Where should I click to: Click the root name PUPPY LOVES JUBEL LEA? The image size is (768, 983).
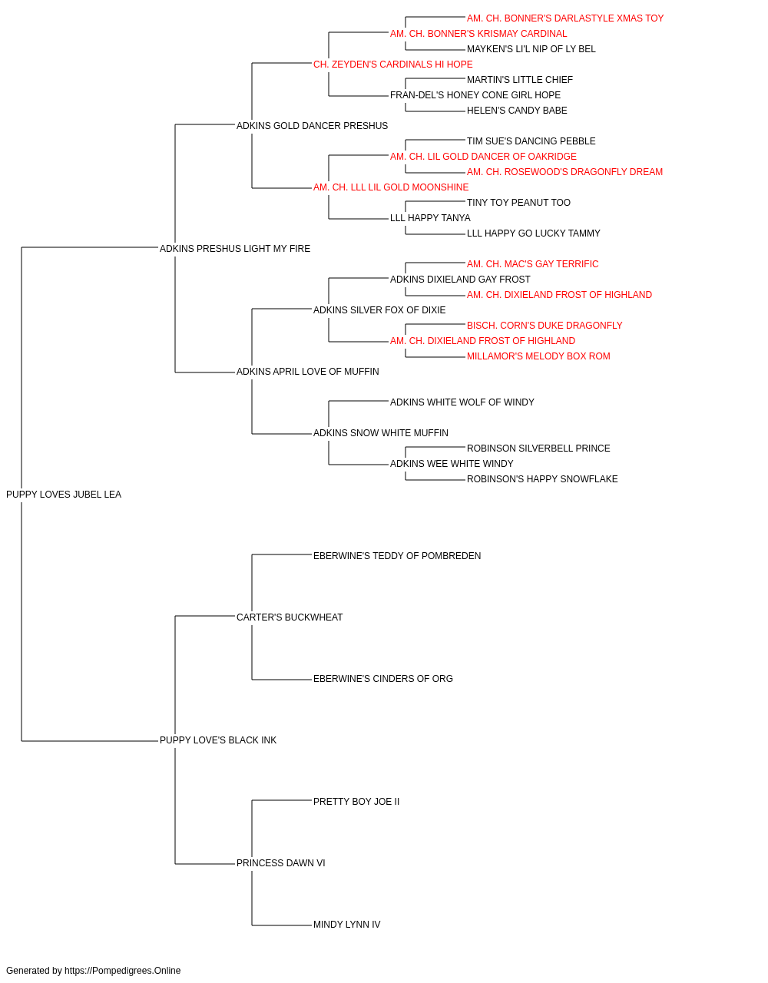point(64,495)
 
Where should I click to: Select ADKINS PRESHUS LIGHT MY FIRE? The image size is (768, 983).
point(235,249)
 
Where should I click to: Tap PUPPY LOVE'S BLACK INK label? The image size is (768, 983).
point(218,740)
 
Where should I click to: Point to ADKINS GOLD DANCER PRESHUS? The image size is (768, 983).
point(312,126)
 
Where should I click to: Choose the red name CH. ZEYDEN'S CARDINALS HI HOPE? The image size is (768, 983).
point(393,65)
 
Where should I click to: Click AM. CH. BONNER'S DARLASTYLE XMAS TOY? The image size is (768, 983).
point(565,18)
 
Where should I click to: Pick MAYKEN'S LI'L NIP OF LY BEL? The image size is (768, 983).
point(531,49)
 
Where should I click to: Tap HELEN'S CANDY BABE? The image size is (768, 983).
point(517,111)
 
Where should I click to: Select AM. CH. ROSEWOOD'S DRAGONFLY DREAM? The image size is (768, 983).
point(565,172)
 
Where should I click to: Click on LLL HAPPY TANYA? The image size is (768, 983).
point(430,218)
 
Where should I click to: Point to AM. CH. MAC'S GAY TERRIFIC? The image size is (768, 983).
point(532,264)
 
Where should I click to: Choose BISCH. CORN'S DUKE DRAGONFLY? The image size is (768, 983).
point(545,326)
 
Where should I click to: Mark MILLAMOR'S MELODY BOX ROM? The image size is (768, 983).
point(538,356)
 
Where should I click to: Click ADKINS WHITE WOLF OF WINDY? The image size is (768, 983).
point(462,402)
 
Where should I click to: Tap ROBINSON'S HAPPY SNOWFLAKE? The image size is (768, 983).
point(542,479)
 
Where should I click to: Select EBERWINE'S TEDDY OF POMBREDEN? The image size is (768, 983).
point(397,556)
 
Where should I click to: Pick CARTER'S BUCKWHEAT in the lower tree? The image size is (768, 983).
point(290,617)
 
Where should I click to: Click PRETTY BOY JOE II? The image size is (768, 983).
point(356,802)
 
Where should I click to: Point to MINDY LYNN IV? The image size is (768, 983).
point(347,925)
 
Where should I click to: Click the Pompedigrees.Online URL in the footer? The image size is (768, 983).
point(123,971)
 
